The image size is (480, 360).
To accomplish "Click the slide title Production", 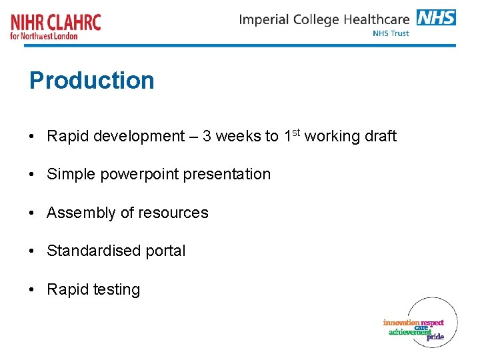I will (91, 81).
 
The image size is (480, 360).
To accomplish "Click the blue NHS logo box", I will (436, 17).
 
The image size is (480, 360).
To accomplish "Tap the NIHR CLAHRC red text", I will (56, 22).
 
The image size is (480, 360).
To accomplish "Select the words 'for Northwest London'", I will (44, 36).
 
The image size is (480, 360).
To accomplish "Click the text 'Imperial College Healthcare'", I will (324, 19).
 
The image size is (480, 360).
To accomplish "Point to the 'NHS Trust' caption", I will (391, 33).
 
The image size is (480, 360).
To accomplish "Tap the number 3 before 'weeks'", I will (207, 137).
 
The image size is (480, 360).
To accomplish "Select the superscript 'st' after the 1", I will (297, 132).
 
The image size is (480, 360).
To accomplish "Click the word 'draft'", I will (380, 137).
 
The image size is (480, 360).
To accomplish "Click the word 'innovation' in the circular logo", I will (401, 323).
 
